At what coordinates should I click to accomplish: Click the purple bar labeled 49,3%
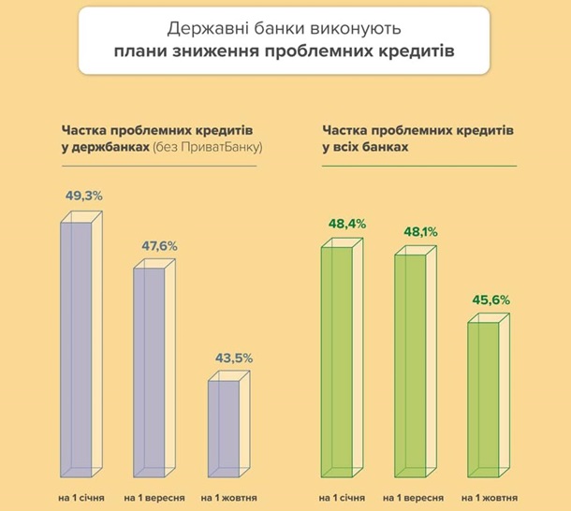coord(79,346)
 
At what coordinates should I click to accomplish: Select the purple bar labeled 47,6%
coord(154,370)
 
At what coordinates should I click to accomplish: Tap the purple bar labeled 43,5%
coord(227,426)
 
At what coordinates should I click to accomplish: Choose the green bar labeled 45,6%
coord(487,398)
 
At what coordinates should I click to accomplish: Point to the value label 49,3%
coord(83,197)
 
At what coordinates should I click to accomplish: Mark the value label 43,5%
coord(232,358)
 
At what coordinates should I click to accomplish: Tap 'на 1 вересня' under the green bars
coord(413,496)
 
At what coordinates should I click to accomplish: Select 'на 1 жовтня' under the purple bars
coord(229,496)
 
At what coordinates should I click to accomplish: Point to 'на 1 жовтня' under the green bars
coord(490,496)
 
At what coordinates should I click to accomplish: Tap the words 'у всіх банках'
coord(365,148)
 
